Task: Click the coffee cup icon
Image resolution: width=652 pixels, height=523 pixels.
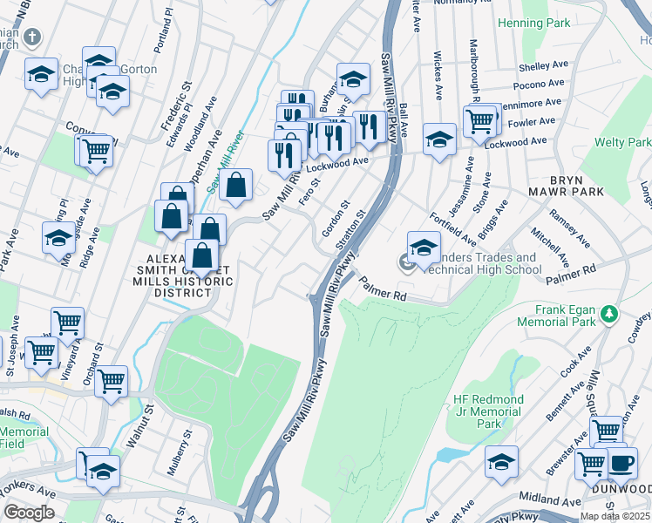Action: pyautogui.click(x=621, y=464)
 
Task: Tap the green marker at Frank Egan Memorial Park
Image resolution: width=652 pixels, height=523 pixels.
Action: pyautogui.click(x=611, y=312)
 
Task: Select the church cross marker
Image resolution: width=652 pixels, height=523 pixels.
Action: pyautogui.click(x=31, y=37)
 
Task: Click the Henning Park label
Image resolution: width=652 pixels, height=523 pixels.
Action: pyautogui.click(x=532, y=23)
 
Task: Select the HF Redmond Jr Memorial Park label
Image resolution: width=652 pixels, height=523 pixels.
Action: pyautogui.click(x=488, y=411)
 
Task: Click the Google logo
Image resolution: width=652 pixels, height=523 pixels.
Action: pyautogui.click(x=30, y=513)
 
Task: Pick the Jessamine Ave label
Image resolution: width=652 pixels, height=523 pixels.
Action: pyautogui.click(x=460, y=187)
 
